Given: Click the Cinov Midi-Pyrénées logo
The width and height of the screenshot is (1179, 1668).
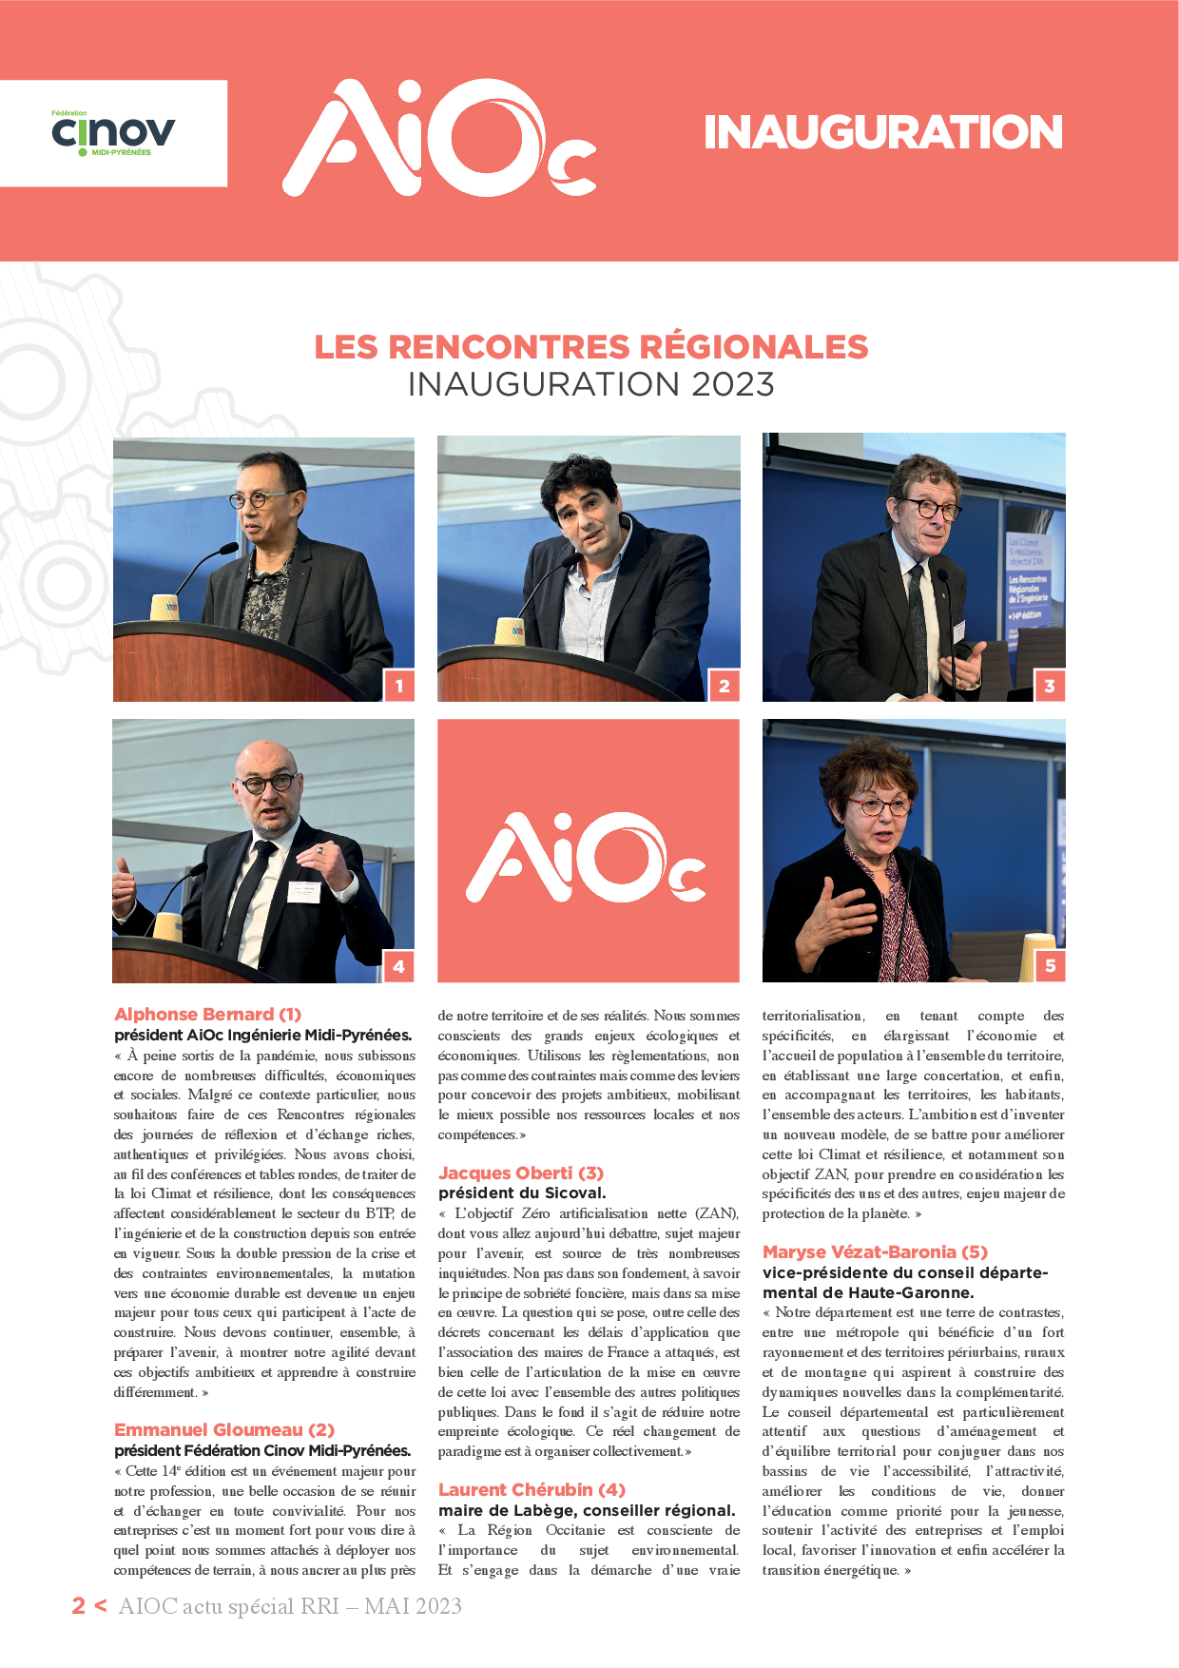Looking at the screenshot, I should (x=113, y=133).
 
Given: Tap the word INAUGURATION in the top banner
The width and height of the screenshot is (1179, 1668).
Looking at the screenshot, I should (x=882, y=132).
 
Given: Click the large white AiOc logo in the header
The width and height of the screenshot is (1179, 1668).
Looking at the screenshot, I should (x=439, y=138).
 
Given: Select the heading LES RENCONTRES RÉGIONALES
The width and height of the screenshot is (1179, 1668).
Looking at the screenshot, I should (x=590, y=347).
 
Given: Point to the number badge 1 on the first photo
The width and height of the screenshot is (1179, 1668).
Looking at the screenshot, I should (x=399, y=686).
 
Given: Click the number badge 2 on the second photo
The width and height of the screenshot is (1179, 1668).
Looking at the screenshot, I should (x=725, y=686).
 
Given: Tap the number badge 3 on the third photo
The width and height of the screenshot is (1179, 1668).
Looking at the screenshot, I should (x=1050, y=686).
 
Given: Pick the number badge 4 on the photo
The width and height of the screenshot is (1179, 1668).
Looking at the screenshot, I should (x=399, y=966).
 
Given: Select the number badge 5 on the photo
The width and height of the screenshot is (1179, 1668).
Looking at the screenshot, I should (x=1050, y=966).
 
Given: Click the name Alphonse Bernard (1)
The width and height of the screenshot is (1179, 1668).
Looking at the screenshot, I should (x=207, y=1015).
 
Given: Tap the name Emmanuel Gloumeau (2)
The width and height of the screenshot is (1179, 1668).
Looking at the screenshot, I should (x=224, y=1430).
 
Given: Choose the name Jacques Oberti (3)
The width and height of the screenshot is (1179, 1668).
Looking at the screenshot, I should (x=521, y=1173).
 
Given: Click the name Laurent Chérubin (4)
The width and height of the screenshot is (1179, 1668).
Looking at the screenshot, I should (x=532, y=1490).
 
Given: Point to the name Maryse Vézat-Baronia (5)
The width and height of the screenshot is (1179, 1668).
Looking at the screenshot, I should (x=875, y=1252).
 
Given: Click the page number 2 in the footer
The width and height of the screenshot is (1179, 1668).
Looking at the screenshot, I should (x=79, y=1606).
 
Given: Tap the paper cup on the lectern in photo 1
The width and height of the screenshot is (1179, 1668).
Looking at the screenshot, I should (x=164, y=608).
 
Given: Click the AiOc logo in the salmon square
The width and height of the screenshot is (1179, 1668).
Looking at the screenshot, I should (x=587, y=857).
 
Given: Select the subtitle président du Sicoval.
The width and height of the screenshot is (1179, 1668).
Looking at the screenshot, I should (x=522, y=1193).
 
